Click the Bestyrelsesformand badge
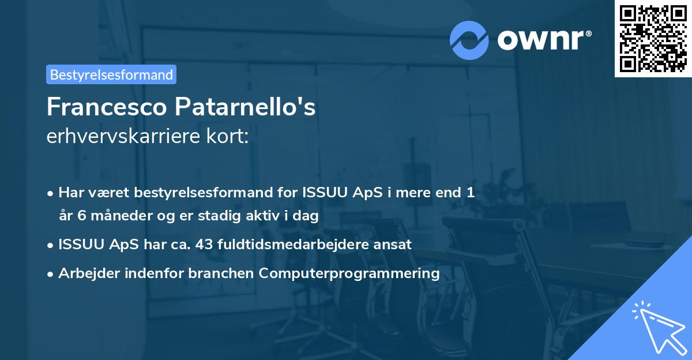[x=111, y=74]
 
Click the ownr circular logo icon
[x=469, y=40]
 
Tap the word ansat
[x=394, y=244]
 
